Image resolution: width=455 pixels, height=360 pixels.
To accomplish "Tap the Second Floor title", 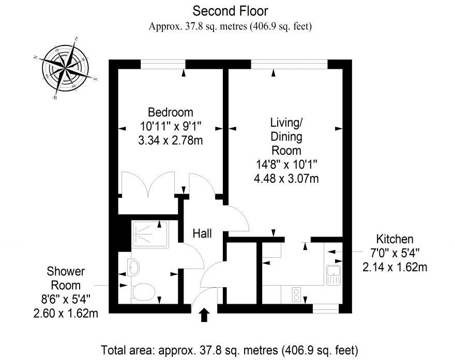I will [230, 10].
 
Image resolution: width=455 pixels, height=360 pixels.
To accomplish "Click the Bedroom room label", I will [171, 112].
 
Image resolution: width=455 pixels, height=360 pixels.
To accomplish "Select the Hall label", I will [202, 234].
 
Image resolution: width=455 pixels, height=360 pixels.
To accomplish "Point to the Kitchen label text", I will [394, 239].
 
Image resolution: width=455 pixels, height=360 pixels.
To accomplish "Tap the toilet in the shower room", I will [142, 292].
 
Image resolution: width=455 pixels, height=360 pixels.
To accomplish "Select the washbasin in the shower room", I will [133, 267].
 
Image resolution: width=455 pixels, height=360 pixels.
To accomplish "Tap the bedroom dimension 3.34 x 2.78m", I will [171, 140].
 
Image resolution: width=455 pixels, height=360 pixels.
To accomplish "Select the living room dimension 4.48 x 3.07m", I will [286, 179].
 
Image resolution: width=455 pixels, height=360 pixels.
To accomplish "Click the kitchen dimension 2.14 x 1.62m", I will [394, 267].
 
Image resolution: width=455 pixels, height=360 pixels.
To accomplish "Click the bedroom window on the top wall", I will [163, 64].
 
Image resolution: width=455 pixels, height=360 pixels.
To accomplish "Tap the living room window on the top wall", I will [289, 64].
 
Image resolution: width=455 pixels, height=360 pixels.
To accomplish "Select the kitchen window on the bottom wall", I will [326, 309].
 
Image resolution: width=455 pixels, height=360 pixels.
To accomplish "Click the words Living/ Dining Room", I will [286, 137].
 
